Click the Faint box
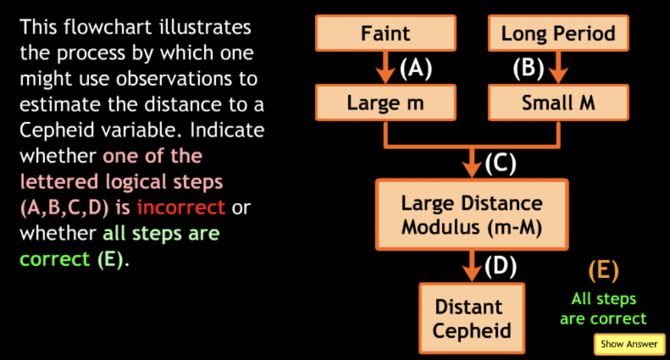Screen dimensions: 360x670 click(385, 33)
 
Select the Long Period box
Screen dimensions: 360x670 click(558, 33)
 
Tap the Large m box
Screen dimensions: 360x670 click(385, 103)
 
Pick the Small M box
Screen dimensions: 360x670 click(558, 103)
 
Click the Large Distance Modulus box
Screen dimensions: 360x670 click(472, 215)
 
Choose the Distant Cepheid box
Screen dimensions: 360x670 click(472, 318)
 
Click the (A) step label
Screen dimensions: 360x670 click(416, 68)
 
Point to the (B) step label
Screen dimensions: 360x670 click(528, 68)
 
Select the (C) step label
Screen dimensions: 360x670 click(501, 163)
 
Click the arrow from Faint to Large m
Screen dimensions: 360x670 click(385, 68)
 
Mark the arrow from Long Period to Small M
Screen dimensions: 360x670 click(558, 68)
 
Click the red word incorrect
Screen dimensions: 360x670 click(181, 207)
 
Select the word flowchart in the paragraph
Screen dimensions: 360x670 click(108, 27)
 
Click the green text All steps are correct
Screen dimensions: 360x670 click(604, 309)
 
